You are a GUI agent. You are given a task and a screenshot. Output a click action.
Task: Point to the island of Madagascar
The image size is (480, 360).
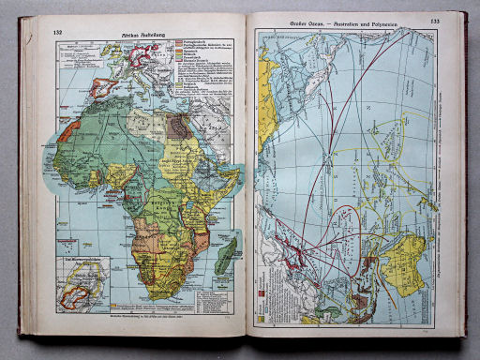click(223, 255)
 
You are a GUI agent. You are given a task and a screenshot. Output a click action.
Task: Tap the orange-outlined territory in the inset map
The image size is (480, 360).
click(77, 287)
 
